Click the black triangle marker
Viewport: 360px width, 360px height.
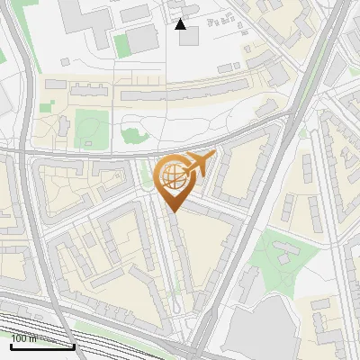[x=181, y=24]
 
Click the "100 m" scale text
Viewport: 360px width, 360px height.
[x=23, y=338]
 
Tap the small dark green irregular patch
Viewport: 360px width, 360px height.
[x=132, y=136]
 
